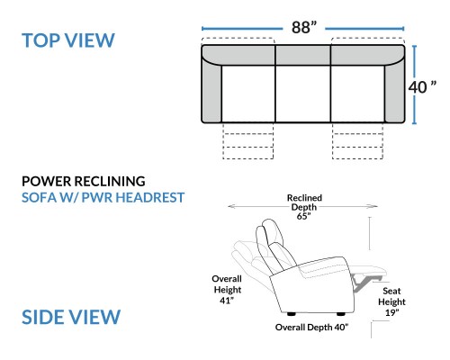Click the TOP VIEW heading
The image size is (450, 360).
tap(68, 40)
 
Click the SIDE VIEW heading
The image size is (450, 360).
tap(71, 317)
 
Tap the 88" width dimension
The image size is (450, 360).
tap(304, 27)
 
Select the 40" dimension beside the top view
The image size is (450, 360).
tap(422, 87)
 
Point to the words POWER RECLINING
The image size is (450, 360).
tap(84, 181)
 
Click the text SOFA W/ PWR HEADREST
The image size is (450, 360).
tap(103, 197)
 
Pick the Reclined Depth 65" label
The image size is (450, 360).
tap(304, 207)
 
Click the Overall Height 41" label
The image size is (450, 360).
tap(227, 290)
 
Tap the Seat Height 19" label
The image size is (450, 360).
tap(391, 301)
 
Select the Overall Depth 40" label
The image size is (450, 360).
tap(311, 327)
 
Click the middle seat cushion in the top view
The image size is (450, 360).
tap(303, 94)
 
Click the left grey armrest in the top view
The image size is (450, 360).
tap(211, 90)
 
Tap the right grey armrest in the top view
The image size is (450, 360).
tap(394, 90)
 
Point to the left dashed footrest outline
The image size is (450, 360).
tap(248, 140)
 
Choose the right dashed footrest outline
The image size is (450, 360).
tap(357, 140)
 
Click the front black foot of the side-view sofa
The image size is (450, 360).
tap(340, 314)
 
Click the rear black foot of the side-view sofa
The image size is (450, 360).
tap(291, 314)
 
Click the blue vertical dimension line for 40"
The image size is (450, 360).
tap(414, 85)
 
